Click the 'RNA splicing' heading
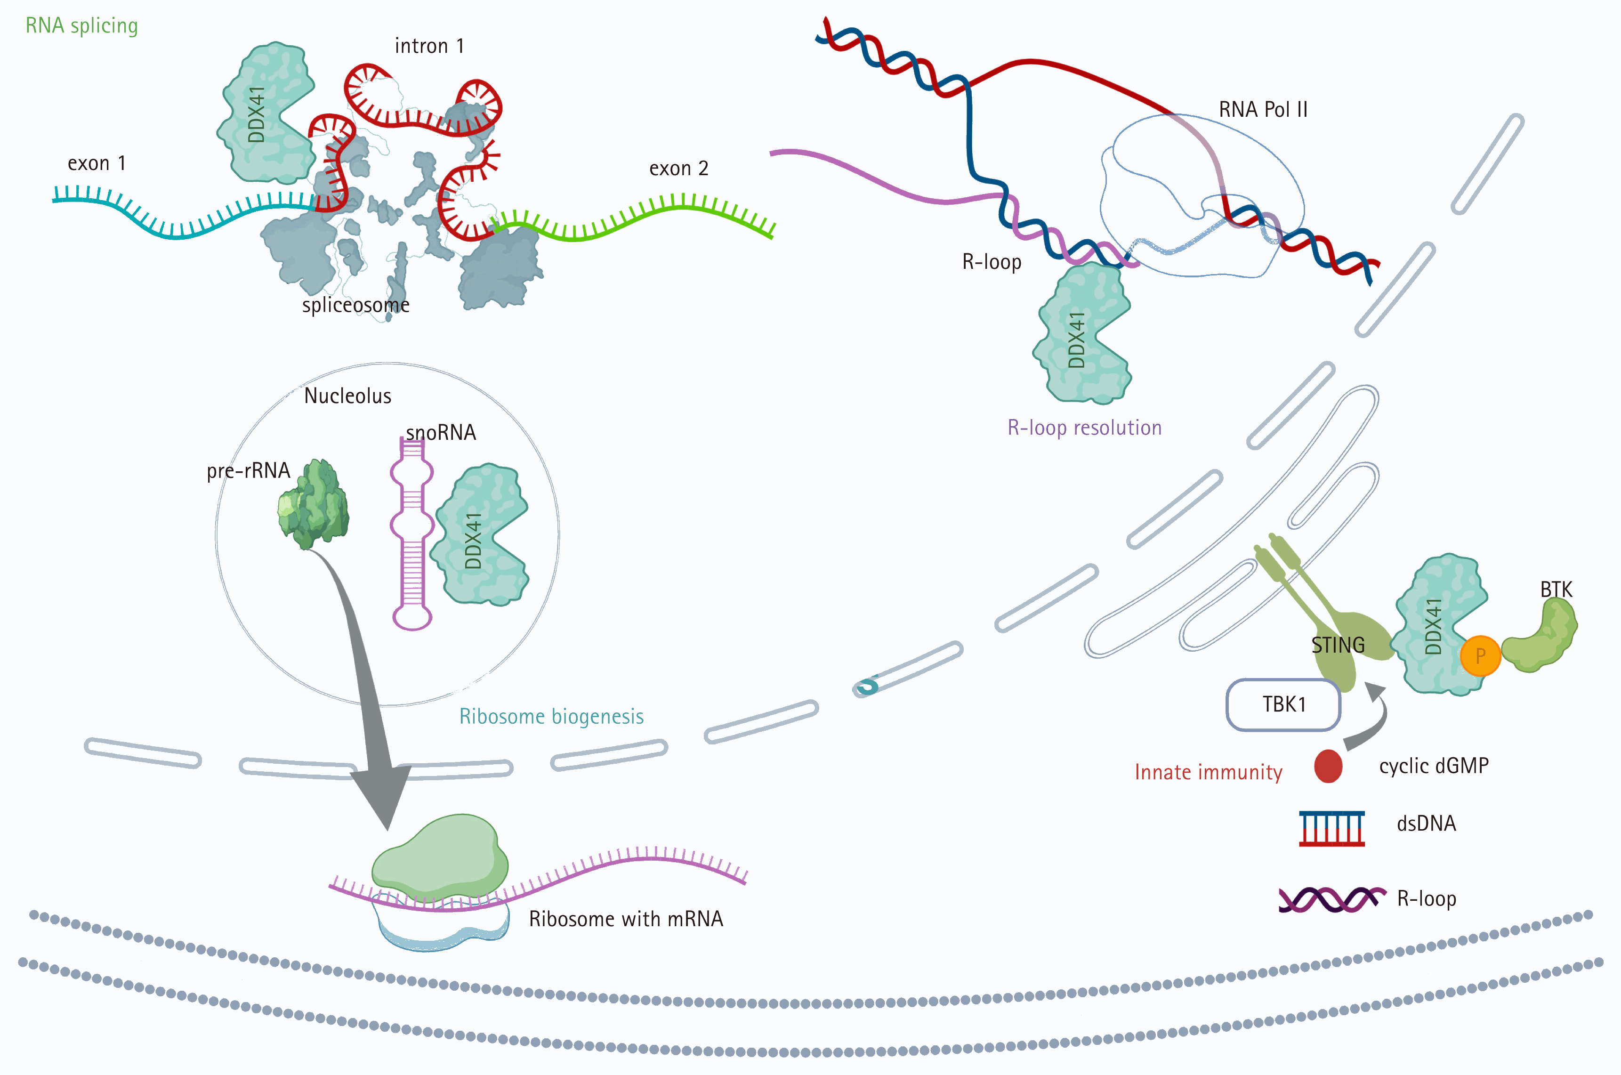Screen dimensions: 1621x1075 81,26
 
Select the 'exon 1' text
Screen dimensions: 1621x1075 97,163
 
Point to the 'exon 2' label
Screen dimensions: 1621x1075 678,168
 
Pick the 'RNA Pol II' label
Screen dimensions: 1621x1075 1263,110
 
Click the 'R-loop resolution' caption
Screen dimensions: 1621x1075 1084,428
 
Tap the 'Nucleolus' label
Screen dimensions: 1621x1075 347,396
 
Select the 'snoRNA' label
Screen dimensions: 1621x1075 441,433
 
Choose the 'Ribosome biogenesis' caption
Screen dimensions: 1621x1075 551,717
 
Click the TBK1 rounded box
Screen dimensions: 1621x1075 1283,705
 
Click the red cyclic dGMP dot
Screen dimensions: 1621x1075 1328,766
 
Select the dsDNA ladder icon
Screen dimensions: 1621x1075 1332,828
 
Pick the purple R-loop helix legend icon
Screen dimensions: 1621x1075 1331,899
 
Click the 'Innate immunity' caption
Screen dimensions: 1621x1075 1209,773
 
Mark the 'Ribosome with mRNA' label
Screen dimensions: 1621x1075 626,919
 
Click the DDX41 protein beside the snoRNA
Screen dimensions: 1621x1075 482,535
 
